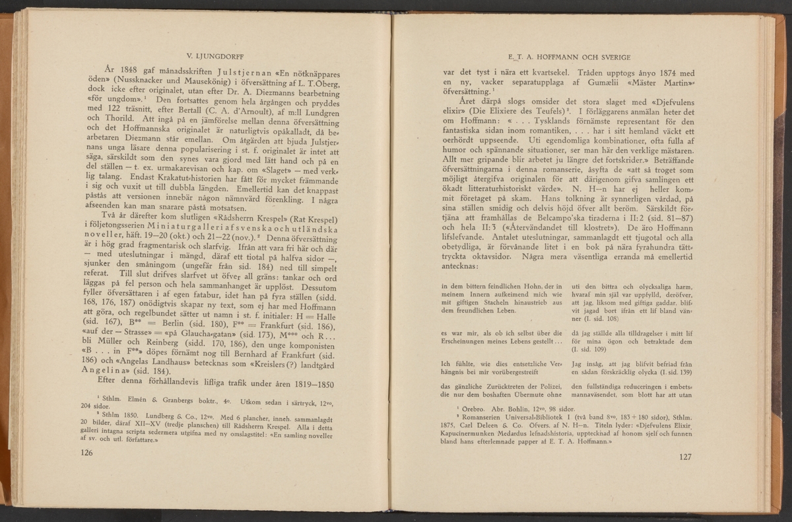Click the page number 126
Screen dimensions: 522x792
click(x=84, y=452)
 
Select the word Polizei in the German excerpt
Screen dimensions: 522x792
click(x=545, y=387)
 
